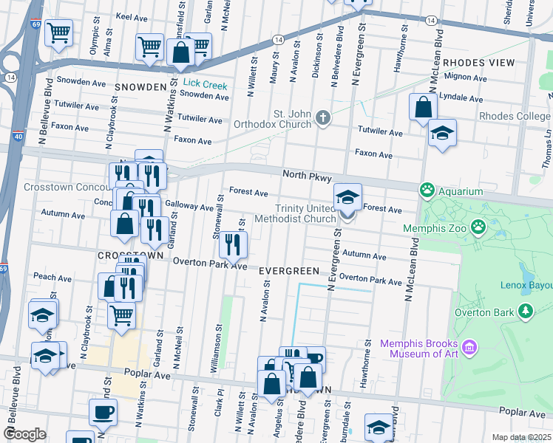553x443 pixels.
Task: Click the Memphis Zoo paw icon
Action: coord(479,227)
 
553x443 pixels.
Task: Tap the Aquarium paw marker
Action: coord(427,190)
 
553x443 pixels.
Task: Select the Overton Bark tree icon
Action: coord(526,312)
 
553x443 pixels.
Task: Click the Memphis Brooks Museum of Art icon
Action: coord(467,346)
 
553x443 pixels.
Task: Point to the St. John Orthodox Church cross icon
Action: coord(322,117)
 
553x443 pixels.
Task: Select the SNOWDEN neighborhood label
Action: coord(140,87)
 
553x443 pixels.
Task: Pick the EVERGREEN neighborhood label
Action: coord(289,271)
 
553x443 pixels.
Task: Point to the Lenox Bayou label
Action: coord(526,283)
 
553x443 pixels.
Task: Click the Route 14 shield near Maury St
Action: coord(277,39)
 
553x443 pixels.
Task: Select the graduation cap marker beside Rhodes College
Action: coord(442,133)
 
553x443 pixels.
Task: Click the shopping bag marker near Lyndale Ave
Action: coord(424,107)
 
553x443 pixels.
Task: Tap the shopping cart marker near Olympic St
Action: coord(58,32)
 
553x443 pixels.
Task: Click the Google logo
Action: coord(24,434)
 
